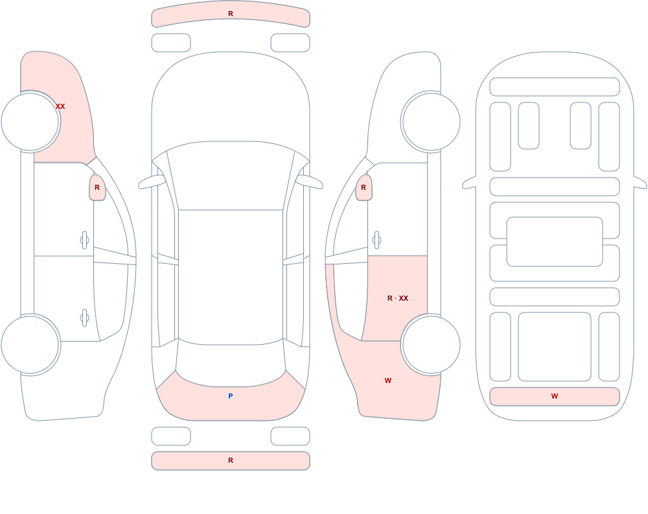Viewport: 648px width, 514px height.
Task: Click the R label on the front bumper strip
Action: coord(231,14)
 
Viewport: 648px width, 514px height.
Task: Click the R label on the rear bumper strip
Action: coord(231,460)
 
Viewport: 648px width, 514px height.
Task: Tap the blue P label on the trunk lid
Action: coord(231,396)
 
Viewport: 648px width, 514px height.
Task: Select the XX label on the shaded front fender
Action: coord(60,106)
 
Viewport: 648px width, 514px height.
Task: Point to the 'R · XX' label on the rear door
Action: coord(398,298)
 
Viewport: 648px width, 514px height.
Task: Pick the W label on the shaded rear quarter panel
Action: coord(388,380)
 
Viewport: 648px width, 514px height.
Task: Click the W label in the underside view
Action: coord(555,396)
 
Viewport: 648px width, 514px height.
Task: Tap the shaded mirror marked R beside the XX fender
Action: coord(97,188)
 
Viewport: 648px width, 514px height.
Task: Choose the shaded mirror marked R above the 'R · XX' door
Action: coord(364,188)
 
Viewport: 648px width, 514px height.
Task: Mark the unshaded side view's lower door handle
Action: coord(84,318)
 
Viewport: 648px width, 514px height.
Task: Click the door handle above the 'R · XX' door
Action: coord(376,240)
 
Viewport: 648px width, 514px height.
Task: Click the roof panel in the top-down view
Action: coord(231,277)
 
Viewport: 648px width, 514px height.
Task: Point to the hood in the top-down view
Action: coord(231,99)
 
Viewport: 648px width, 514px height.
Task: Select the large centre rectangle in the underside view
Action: coord(555,242)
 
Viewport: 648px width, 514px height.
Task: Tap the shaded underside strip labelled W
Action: coord(555,397)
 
